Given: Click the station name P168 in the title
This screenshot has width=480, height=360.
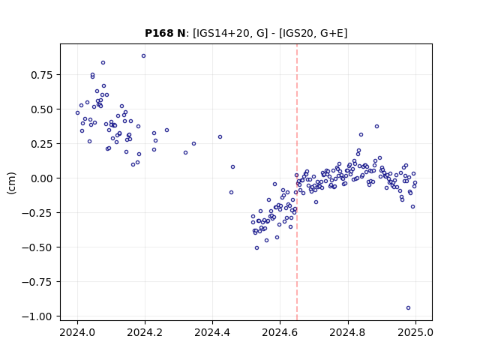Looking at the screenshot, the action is pos(157,33).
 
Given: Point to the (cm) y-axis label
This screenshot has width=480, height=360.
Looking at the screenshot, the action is pos(11,183).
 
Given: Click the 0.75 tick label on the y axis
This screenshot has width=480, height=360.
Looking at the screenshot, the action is pos(42,75).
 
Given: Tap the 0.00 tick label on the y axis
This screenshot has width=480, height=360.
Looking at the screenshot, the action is pos(42,178).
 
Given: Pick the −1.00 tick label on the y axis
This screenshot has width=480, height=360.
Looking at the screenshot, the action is pos(37,316).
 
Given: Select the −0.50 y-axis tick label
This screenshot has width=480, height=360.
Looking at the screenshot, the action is pos(37,247).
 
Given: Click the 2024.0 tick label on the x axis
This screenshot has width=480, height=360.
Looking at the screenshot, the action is pos(77,332).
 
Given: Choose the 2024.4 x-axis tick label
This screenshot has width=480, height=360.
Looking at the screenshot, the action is pos(212,332).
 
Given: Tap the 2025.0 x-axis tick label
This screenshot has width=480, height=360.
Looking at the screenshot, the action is pos(415,332).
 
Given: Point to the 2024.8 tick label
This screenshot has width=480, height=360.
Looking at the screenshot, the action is pos(348,332).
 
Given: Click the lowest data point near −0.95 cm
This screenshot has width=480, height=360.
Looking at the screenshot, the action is pos(408,308).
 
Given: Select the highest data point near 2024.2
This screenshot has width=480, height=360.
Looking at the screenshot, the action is pos(143,56).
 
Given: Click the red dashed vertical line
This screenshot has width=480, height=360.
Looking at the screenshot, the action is pos(297,182).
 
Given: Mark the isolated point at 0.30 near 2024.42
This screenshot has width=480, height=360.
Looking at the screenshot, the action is pos(220,136).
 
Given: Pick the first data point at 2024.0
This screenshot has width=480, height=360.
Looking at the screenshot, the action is pos(77,113).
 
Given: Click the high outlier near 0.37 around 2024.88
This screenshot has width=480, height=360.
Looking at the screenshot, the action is pos(376,127).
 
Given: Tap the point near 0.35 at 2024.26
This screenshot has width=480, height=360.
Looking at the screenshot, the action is pos(166,130).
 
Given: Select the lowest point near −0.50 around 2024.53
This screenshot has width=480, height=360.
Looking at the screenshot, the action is pos(256,248).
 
